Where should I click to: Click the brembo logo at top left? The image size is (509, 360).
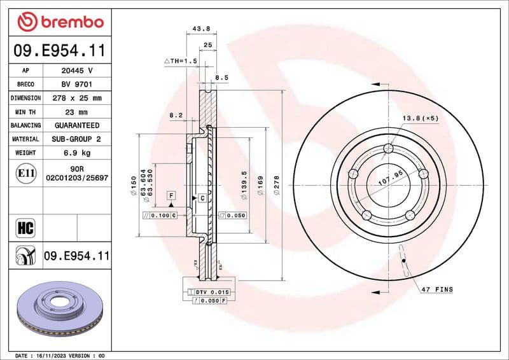point(60,22)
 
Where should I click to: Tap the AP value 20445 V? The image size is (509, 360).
point(76,71)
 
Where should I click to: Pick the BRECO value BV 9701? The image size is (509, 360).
point(76,85)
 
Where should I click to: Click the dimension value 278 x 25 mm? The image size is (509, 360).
point(76,98)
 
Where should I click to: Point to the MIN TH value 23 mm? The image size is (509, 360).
point(76,112)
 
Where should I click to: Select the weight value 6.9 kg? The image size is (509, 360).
point(76,153)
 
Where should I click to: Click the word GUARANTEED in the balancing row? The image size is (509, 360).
point(76,125)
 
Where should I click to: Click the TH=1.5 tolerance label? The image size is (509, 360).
point(181,60)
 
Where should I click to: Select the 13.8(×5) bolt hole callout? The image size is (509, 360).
point(420,118)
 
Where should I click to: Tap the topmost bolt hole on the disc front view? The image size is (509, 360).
point(388,149)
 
